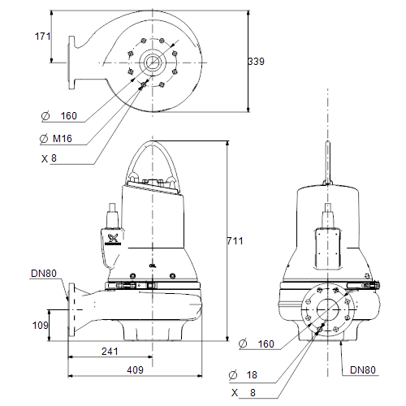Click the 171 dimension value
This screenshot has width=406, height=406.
click(x=43, y=37)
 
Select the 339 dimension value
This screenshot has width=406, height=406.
click(x=256, y=62)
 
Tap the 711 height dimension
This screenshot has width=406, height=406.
click(x=235, y=241)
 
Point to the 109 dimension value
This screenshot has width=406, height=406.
click(x=40, y=325)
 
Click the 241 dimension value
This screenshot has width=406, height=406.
click(x=110, y=352)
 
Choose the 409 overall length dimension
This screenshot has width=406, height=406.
click(x=135, y=369)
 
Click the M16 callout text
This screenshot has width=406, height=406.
click(x=63, y=139)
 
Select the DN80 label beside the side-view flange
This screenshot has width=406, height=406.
click(x=44, y=274)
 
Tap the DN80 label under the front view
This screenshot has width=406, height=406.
click(x=363, y=370)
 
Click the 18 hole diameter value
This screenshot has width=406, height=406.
click(x=252, y=375)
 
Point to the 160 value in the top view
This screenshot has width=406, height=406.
click(x=69, y=116)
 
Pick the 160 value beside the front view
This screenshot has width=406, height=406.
click(x=266, y=344)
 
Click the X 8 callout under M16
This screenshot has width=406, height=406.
click(x=49, y=158)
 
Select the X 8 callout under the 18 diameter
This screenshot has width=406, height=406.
click(x=244, y=393)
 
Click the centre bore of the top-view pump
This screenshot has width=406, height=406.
click(x=152, y=63)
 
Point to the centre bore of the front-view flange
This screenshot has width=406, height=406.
click(x=328, y=309)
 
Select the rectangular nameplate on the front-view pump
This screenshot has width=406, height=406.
click(x=328, y=249)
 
